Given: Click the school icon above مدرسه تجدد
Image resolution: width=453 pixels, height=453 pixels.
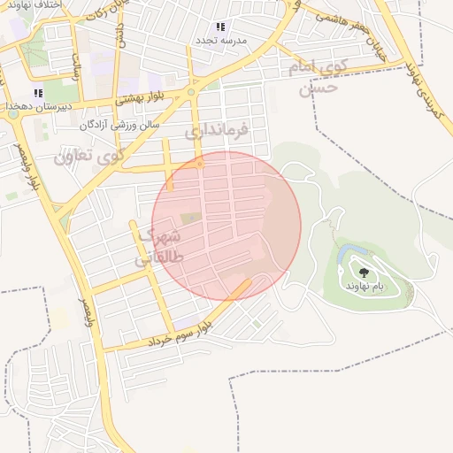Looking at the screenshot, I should (x=220, y=27).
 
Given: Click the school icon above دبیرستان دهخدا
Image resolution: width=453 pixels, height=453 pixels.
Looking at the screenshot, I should (x=38, y=93).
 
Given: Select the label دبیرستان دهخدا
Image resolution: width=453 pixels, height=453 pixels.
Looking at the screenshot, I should (x=38, y=106).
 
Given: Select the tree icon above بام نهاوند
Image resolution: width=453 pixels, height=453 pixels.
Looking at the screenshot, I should (x=364, y=273).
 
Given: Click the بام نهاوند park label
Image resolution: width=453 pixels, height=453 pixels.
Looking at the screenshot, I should (x=365, y=287).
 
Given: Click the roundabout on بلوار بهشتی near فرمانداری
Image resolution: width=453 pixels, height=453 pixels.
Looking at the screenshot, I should (x=191, y=92).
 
